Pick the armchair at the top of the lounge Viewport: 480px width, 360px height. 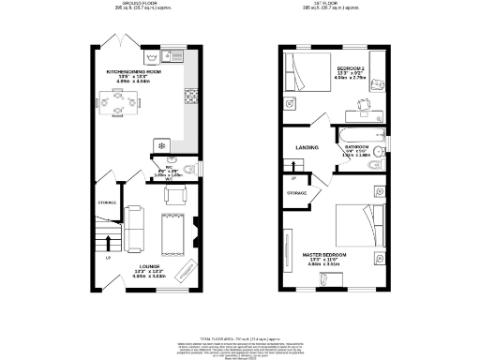[x=172, y=195]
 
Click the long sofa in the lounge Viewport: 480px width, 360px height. [x=135, y=224]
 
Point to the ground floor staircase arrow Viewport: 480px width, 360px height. [x=108, y=246]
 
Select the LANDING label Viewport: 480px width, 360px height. [x=307, y=147]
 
